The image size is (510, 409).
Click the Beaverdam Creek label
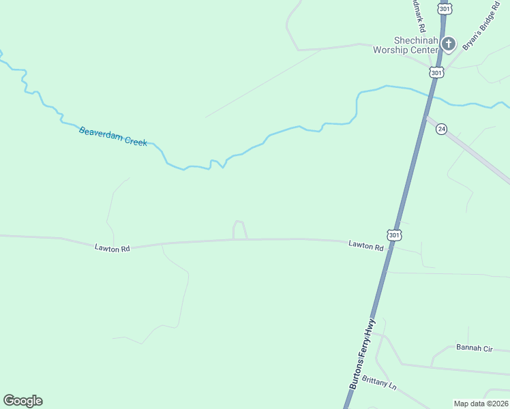coord(113,136)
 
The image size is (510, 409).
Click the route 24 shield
coord(442,129)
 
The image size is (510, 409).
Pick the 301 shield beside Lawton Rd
coord(394,234)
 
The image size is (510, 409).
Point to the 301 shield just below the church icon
coord(436,72)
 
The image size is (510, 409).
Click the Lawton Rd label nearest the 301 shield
coord(365,245)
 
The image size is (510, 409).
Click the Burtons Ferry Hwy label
coord(363,354)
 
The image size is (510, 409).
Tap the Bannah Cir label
coord(473,348)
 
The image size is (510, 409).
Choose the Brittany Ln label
coord(379,382)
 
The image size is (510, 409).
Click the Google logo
coord(22,401)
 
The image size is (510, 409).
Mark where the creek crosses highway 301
coord(430,93)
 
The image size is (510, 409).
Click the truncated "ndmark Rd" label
coord(418,14)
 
